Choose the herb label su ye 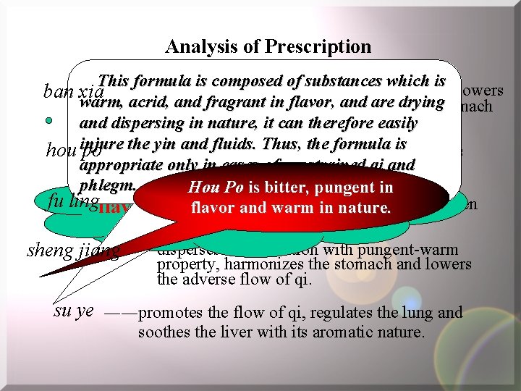(x=74, y=311)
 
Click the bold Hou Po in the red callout (x=215, y=188)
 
